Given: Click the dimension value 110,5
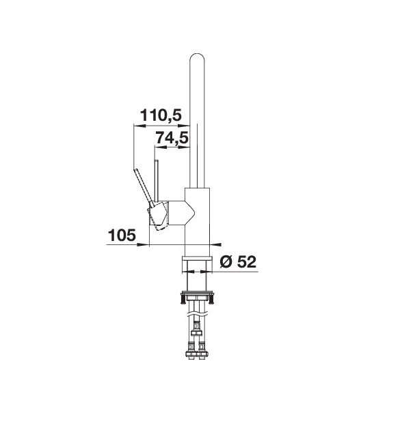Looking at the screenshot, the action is pos(161,115).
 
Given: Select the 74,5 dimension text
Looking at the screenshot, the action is pos(172,138).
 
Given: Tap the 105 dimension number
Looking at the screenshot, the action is pos(122,235).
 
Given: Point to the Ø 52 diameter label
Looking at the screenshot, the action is pos(238,261).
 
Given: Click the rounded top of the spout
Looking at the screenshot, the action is pos(197,56).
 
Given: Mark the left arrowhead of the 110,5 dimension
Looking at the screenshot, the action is pos(139,126).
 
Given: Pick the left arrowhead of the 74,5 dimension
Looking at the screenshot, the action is pos(161,147).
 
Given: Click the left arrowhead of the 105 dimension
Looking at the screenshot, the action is pos(144,244).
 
